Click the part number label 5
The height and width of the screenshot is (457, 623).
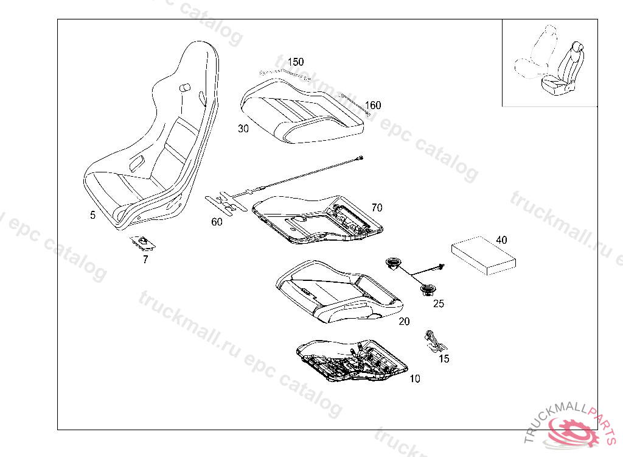click(x=92, y=215)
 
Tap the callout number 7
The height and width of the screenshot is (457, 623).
click(x=145, y=259)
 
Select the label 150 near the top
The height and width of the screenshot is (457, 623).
click(x=296, y=62)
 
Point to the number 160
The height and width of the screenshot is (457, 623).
click(x=373, y=105)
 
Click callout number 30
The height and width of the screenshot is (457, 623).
click(x=243, y=129)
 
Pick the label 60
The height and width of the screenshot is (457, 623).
click(x=217, y=222)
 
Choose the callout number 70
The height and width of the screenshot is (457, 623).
click(x=377, y=208)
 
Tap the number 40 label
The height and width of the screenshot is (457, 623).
click(x=501, y=240)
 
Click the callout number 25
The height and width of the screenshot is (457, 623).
click(x=439, y=303)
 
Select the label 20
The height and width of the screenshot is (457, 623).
click(x=404, y=321)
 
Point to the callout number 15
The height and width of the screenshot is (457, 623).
click(x=444, y=359)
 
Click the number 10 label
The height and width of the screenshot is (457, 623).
click(x=414, y=379)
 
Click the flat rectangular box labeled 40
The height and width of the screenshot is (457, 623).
click(x=482, y=253)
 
